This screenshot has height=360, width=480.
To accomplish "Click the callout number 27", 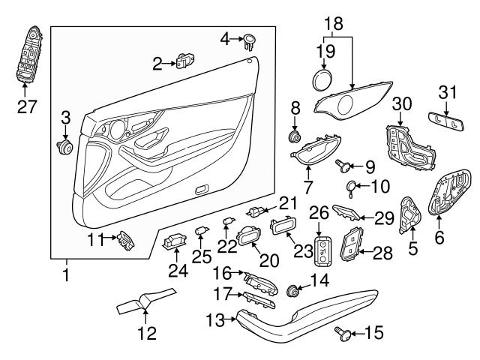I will click(x=28, y=106).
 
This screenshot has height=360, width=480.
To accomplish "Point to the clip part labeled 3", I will click(x=64, y=145).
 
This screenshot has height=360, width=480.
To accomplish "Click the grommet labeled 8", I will click(x=295, y=137).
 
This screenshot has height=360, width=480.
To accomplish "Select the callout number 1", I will click(x=65, y=275).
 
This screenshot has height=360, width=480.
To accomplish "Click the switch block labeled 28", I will click(x=352, y=244).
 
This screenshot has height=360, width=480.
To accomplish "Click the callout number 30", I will click(x=403, y=103).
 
